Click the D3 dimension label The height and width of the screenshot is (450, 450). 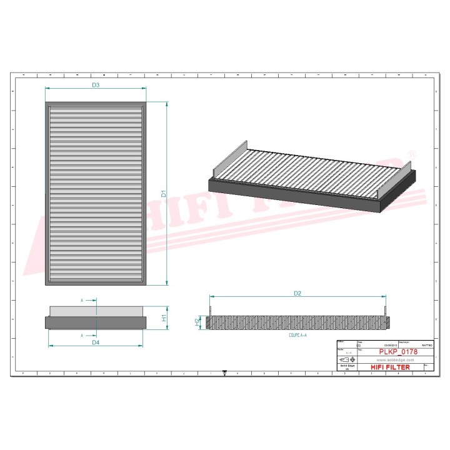[x=96, y=84]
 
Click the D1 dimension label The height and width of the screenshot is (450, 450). [x=164, y=194]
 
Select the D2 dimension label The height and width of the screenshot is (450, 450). [x=297, y=292]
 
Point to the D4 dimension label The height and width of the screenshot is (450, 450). [x=96, y=342]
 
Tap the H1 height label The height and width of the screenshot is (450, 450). [x=164, y=317]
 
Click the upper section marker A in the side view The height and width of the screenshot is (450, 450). [x=82, y=301]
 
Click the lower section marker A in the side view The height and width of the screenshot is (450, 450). [x=82, y=336]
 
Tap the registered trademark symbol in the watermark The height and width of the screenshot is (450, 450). [x=411, y=153]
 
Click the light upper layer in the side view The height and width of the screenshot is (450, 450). [x=96, y=311]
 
